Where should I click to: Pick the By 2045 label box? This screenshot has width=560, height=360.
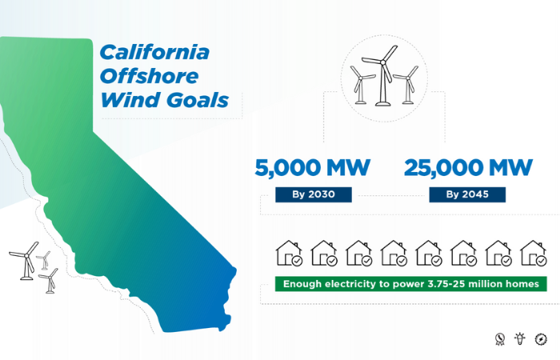click(467, 195)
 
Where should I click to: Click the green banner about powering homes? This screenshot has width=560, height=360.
click(410, 284)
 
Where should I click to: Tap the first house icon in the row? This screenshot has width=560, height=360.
click(289, 254)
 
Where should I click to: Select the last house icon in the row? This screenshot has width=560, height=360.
click(534, 254)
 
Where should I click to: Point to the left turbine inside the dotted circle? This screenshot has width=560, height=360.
click(362, 85)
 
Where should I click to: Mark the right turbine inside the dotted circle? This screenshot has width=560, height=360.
click(407, 85)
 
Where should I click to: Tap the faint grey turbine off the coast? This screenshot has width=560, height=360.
click(44, 260)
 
